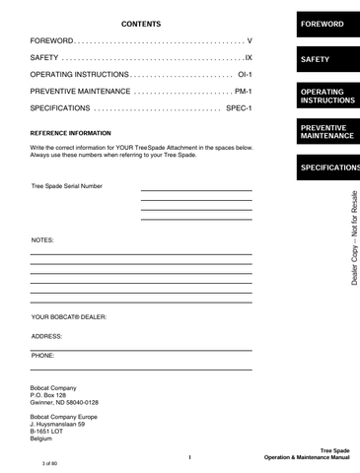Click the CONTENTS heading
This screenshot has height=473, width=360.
[x=140, y=23]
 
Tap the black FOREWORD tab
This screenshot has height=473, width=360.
[x=322, y=23]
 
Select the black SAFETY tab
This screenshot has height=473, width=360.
[x=322, y=60]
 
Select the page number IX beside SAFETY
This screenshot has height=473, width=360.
[x=249, y=58]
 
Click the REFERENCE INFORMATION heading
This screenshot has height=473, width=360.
[x=71, y=132]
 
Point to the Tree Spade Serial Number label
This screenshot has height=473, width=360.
[x=66, y=185]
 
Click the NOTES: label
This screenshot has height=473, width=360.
[x=42, y=239]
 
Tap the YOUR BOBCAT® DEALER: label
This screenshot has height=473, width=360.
[x=69, y=317]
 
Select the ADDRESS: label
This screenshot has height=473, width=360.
[x=47, y=335]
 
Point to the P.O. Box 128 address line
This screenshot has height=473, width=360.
[x=53, y=395]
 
